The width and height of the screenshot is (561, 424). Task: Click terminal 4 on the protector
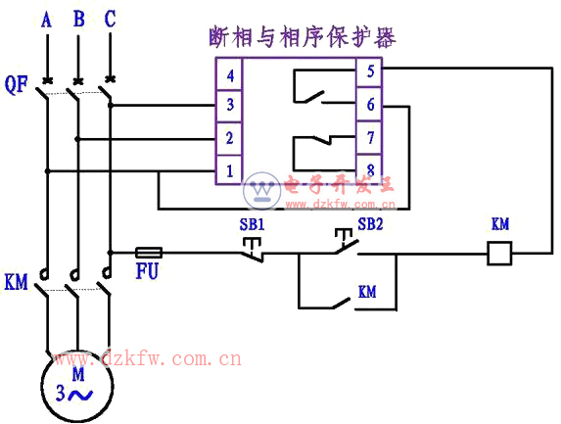point(229,74)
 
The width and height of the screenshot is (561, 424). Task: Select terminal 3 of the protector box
point(229,106)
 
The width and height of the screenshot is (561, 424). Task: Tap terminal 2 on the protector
point(229,138)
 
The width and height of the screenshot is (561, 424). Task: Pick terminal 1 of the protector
point(229,169)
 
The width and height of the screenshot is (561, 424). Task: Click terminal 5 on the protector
point(369,71)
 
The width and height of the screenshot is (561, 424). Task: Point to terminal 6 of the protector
point(369,104)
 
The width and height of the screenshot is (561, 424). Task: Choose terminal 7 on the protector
point(369,137)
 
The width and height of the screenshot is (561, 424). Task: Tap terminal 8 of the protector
point(369,168)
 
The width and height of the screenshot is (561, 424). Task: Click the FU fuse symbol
point(149,253)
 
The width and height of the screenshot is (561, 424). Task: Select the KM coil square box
point(499,254)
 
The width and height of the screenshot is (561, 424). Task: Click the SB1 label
point(252,224)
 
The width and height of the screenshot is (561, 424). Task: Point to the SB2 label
point(370,224)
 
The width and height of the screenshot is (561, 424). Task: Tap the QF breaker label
point(16,85)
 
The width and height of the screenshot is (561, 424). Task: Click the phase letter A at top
point(46,20)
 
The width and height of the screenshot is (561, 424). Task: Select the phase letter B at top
point(79,19)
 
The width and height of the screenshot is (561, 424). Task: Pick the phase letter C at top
point(111,19)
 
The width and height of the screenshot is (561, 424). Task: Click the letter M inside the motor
point(78,374)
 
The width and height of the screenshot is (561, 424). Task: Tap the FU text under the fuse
point(147,271)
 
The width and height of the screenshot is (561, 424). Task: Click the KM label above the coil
point(500,224)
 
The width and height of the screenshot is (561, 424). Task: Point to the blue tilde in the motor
point(80,395)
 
